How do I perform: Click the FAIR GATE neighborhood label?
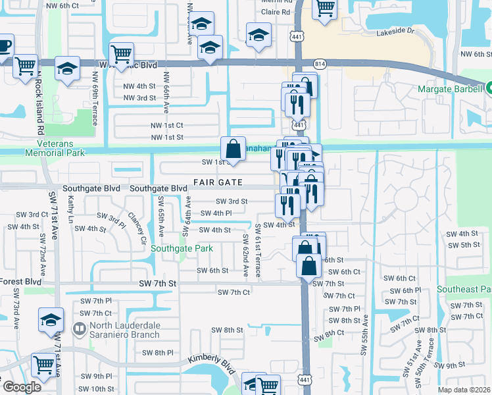tap(218, 182)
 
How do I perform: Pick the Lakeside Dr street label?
tap(395, 32)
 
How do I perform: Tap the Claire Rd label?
tap(276, 12)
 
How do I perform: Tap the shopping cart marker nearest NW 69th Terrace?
tap(122, 53)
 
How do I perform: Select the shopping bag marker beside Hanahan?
tap(234, 147)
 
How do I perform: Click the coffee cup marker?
tap(3, 46)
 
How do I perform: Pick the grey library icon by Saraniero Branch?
tap(80, 328)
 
